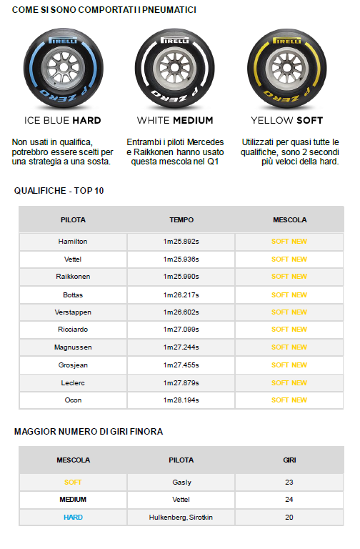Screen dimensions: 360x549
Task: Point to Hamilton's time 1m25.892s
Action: click(x=181, y=242)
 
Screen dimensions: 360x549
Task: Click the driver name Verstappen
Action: click(x=73, y=312)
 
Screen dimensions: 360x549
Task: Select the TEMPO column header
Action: click(x=181, y=220)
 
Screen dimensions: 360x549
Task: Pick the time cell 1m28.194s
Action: click(x=181, y=400)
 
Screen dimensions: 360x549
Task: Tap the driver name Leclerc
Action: click(x=73, y=382)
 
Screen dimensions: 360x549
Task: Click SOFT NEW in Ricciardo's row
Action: click(x=289, y=330)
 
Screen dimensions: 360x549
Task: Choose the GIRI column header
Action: click(x=289, y=460)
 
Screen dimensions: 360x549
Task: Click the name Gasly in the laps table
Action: click(x=181, y=483)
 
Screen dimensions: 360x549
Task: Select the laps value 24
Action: click(x=289, y=500)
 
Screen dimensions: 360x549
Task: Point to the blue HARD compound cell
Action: click(x=73, y=517)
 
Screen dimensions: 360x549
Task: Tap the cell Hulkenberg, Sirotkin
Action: click(x=181, y=517)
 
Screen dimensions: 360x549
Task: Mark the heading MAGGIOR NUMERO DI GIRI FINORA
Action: click(x=89, y=432)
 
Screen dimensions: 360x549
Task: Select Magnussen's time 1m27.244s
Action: click(x=181, y=347)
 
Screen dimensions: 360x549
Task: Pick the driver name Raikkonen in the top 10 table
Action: click(x=73, y=277)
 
